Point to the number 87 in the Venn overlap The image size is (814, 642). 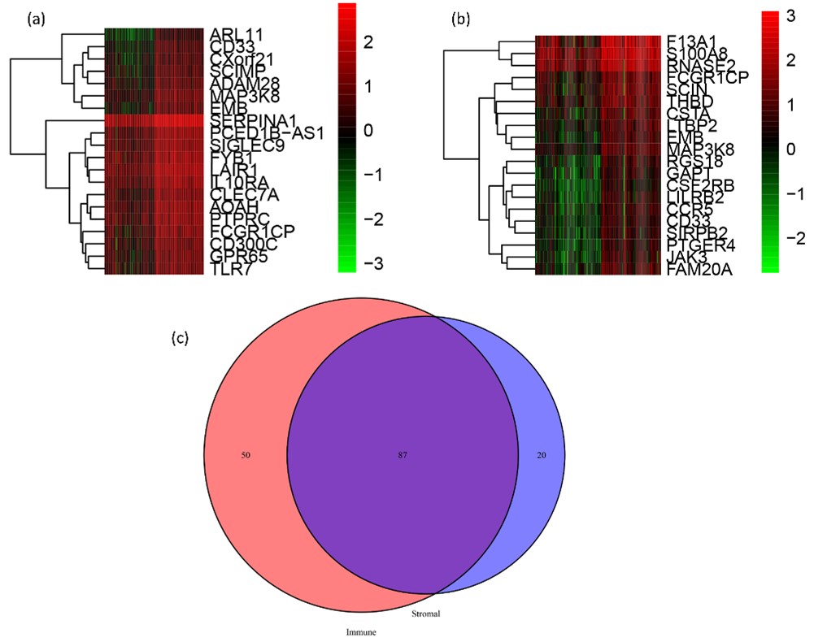[x=402, y=456]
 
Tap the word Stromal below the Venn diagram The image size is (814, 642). [x=425, y=614]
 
